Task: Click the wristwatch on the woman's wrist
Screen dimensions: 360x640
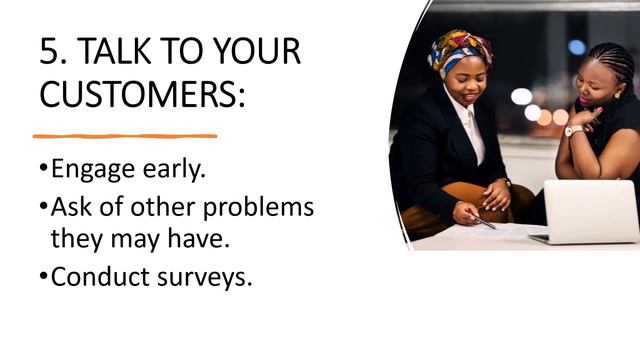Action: [574, 130]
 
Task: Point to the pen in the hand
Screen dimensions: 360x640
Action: [484, 221]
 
